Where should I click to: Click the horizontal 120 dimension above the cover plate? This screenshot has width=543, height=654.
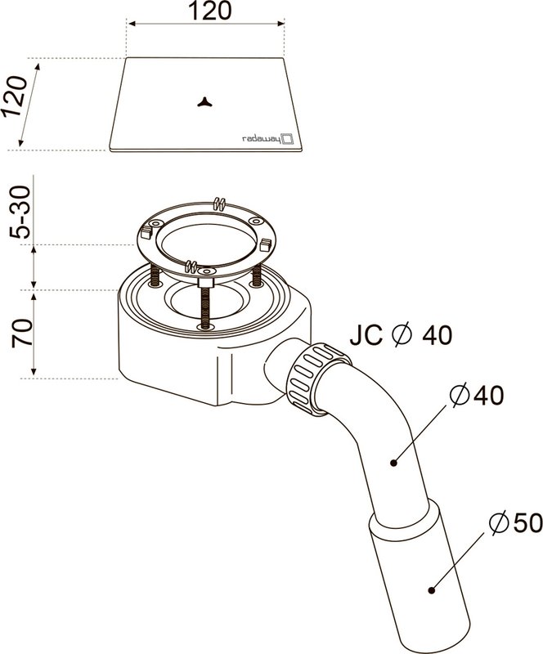[209, 11]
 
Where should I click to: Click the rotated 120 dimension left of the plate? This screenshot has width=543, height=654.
[14, 96]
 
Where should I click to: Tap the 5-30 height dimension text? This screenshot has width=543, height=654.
[21, 212]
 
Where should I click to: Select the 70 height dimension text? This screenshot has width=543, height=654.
[22, 333]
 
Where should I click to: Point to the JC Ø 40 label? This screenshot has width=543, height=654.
[401, 335]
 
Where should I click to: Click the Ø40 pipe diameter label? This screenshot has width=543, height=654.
[477, 395]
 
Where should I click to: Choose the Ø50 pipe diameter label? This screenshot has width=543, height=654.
[516, 522]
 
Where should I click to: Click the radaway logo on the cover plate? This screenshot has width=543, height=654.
[268, 139]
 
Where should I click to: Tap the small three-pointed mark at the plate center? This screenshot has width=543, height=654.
[205, 101]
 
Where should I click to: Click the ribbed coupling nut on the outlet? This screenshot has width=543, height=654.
[318, 379]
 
